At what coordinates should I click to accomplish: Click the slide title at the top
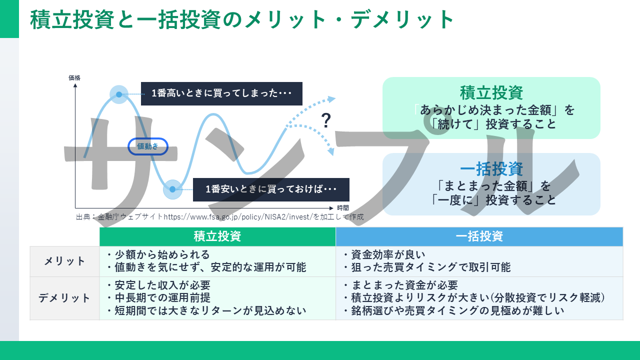pos(242,20)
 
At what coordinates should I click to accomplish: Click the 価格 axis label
pos(74,77)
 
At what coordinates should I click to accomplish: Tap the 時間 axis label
pos(343,208)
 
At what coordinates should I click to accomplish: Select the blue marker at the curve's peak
pos(119,94)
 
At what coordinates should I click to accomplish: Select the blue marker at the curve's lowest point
pos(172,189)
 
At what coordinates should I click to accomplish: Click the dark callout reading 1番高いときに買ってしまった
pos(221,93)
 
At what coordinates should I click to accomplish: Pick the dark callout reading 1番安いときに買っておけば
pos(271,189)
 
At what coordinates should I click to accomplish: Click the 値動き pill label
pos(148,146)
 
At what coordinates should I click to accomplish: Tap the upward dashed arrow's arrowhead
pos(332,98)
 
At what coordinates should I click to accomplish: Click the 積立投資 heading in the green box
pos(491,92)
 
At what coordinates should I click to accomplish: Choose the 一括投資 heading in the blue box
pos(491,169)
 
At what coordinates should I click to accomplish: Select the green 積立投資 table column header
pos(217,236)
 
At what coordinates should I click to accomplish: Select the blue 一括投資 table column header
pos(479,236)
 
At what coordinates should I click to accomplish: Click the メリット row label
pos(64,261)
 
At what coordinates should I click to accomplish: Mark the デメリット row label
pos(64,298)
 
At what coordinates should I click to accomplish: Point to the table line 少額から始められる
pos(158,254)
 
